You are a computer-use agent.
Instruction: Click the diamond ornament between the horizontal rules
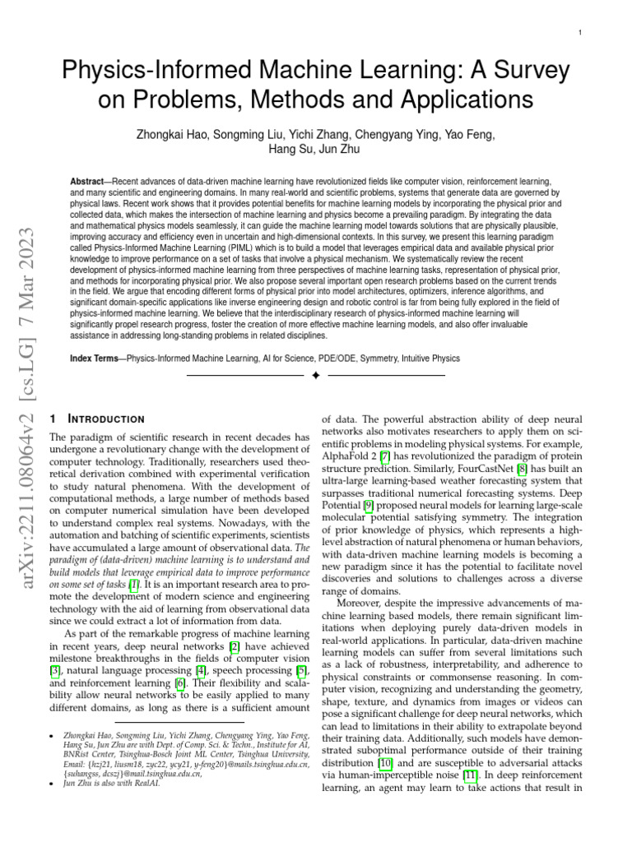(316, 375)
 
